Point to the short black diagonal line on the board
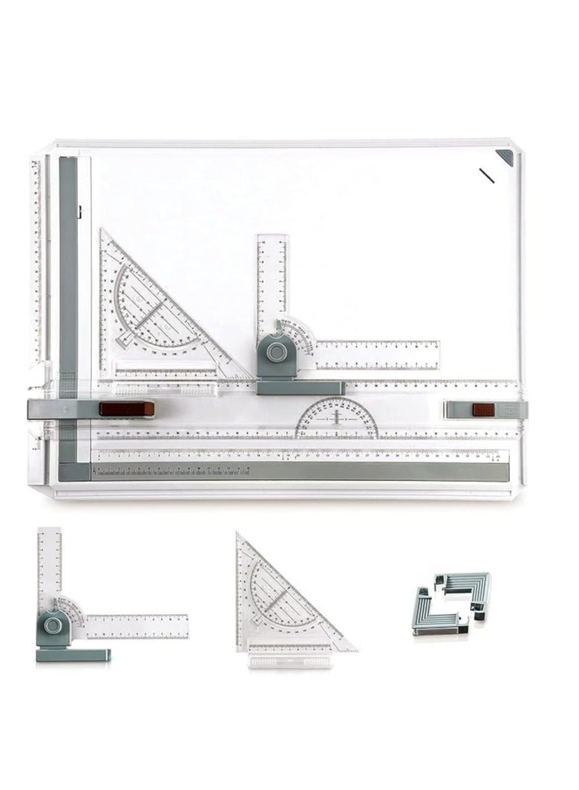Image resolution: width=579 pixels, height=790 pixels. coord(488,177)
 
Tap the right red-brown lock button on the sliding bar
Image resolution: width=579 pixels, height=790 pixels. coord(483,410)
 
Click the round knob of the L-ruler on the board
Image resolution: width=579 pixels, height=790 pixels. coord(276,350)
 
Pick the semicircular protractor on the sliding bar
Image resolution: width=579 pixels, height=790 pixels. coord(337,417)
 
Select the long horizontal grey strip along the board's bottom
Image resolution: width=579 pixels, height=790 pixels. coord(297,471)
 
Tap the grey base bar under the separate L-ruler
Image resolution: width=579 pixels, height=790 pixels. coord(74,654)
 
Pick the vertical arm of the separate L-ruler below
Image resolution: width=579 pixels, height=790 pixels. coord(49,564)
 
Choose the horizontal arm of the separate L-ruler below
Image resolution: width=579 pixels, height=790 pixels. coord(137,625)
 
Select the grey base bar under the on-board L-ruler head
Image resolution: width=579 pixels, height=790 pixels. coord(301,388)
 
